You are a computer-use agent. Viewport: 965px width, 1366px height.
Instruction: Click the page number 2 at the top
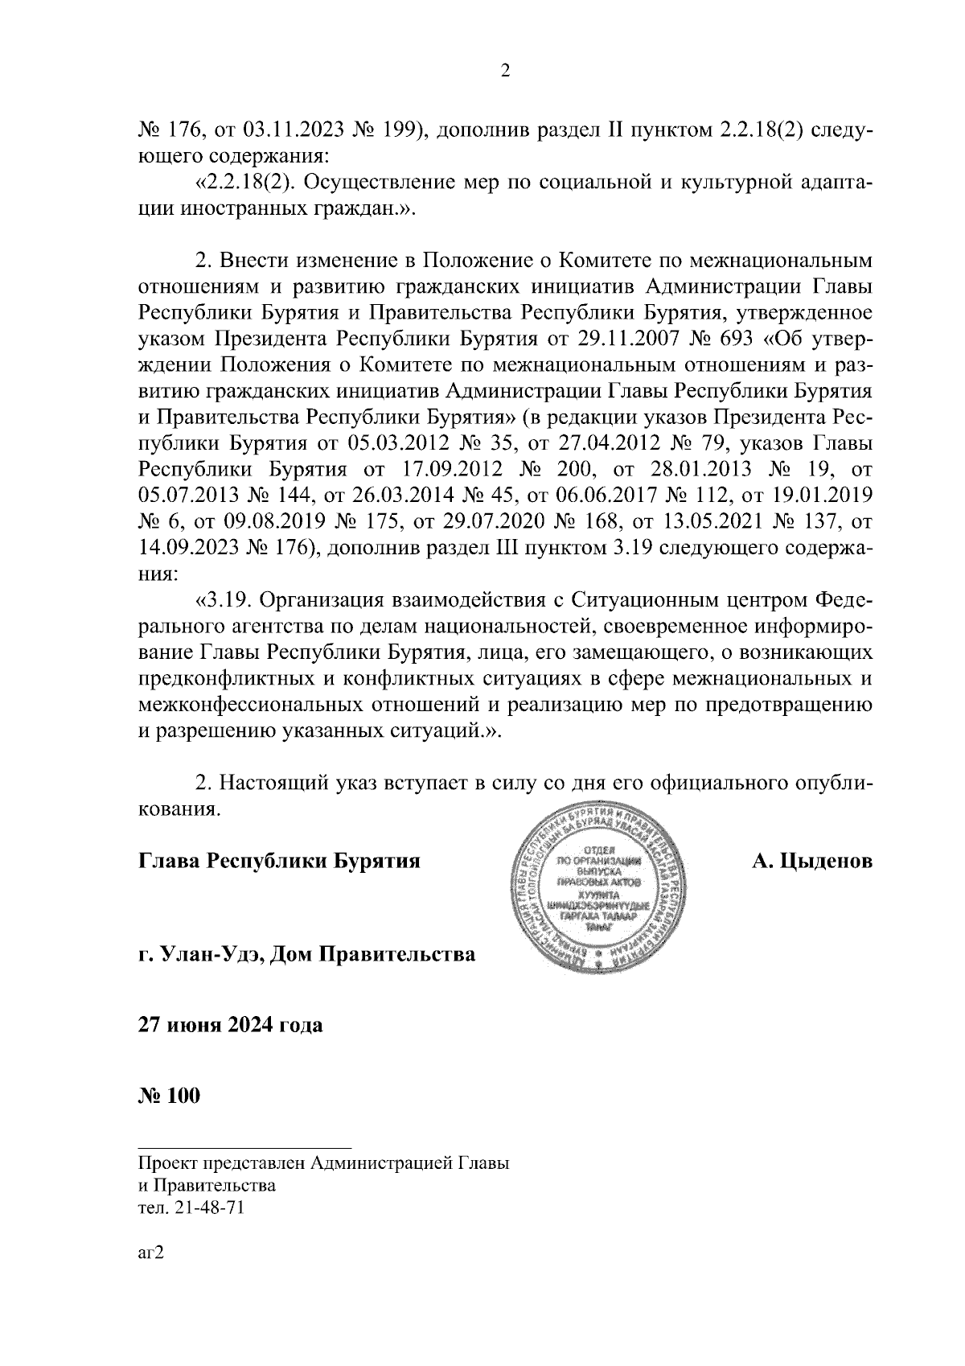[505, 72]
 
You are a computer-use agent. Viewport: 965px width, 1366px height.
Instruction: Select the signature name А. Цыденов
[812, 862]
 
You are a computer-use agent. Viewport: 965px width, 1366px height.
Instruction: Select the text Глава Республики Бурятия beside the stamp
[280, 862]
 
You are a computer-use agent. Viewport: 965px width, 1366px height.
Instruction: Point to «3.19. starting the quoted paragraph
[224, 599]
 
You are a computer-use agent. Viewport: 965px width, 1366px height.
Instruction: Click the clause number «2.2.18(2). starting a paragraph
[249, 183]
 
